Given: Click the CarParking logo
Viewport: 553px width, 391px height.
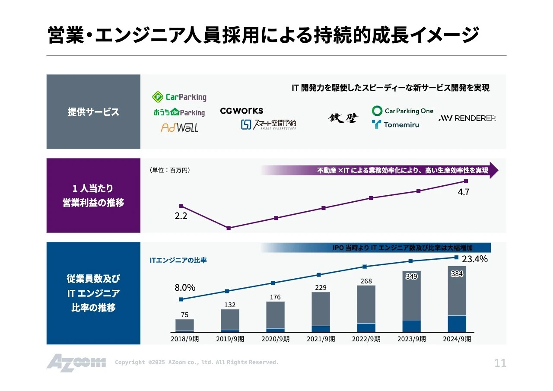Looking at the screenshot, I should (x=179, y=97).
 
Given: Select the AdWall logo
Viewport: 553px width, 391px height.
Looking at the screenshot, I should (x=179, y=127).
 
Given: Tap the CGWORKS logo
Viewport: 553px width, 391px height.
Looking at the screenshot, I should (x=242, y=111).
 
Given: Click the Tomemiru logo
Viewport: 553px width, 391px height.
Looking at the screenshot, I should (x=395, y=125).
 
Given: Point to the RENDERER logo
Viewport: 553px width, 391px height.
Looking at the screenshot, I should (x=467, y=118).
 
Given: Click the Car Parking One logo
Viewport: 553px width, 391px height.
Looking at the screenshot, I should (x=403, y=111).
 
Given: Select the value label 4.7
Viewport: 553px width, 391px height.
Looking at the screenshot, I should (x=463, y=193).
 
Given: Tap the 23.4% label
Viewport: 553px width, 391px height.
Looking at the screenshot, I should (x=474, y=259).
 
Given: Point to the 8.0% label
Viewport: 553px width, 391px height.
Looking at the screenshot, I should (x=185, y=287).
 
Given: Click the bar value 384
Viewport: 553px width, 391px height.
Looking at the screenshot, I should (x=457, y=274).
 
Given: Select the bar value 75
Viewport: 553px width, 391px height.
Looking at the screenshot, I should (x=184, y=315).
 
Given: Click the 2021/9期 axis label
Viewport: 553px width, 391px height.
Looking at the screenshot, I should (x=321, y=339).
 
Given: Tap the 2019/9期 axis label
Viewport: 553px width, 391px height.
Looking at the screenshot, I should (x=230, y=339).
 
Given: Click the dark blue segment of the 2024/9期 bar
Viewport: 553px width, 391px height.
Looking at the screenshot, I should (x=457, y=324).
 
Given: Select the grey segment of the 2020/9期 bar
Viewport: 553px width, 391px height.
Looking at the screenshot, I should (x=275, y=315).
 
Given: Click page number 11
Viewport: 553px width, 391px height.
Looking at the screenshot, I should (x=500, y=363).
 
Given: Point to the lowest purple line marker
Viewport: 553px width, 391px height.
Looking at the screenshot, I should (x=229, y=228).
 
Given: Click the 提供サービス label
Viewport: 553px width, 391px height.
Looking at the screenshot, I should (x=93, y=112).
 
